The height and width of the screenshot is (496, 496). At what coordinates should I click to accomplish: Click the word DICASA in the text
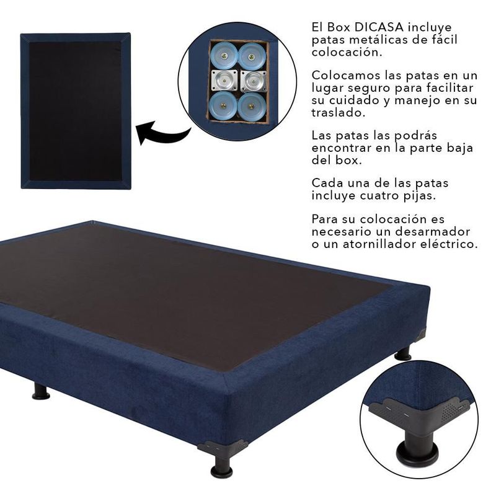(x=379, y=27)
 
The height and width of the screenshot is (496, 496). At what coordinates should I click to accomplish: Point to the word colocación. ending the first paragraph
(x=347, y=52)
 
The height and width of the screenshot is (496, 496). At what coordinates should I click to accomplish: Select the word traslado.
(x=338, y=113)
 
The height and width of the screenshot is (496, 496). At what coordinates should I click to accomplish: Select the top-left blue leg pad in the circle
(x=224, y=55)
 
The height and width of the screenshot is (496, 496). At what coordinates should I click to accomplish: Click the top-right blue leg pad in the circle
(x=252, y=56)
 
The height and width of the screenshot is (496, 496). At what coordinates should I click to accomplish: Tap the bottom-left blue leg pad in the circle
(x=223, y=105)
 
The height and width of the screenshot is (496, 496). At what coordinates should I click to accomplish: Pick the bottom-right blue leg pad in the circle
(x=252, y=107)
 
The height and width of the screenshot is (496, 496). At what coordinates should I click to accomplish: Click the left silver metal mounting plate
(x=224, y=81)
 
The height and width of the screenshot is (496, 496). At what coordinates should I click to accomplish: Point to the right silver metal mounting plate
(x=253, y=81)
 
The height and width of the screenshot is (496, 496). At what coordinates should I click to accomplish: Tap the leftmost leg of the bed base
(x=41, y=391)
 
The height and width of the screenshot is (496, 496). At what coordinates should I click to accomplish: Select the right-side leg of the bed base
(x=402, y=353)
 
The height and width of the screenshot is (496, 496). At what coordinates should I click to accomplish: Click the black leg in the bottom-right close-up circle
(x=418, y=446)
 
